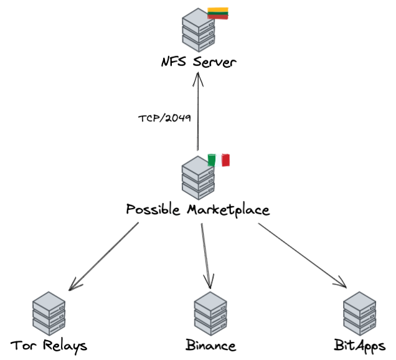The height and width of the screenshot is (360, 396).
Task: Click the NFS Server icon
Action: (x=199, y=30)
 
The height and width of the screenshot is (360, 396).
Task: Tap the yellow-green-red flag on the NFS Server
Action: (x=218, y=13)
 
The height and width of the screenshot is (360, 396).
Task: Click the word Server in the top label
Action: (x=215, y=62)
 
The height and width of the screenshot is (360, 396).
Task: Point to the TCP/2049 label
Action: (x=164, y=118)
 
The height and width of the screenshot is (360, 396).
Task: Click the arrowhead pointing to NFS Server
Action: (x=198, y=79)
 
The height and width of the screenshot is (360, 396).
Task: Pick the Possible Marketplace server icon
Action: (x=198, y=178)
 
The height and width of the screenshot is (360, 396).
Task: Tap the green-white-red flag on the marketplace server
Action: (x=219, y=160)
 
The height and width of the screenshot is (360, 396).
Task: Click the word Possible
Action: (x=153, y=209)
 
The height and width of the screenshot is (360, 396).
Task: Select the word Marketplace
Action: (x=229, y=210)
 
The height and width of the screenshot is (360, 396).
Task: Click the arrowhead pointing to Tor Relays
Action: (x=75, y=285)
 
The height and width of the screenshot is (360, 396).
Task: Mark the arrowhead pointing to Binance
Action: (x=209, y=281)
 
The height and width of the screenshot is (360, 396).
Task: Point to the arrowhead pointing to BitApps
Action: (x=341, y=282)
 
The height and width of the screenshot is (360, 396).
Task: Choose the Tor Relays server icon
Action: (x=49, y=313)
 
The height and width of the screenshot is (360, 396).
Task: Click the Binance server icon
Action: (x=210, y=313)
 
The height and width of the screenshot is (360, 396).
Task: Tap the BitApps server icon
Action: (x=360, y=313)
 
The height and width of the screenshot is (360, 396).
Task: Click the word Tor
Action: (x=23, y=345)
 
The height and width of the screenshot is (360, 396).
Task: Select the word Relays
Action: (x=65, y=346)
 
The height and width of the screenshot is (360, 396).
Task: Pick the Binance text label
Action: (x=211, y=345)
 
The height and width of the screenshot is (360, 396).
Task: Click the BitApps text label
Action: (x=360, y=346)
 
